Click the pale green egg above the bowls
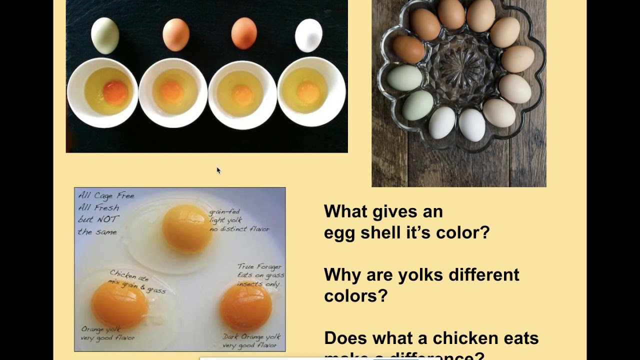[105, 35]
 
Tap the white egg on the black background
[308, 35]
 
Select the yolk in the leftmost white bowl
[115, 92]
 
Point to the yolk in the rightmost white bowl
[308, 92]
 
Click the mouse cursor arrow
[218, 170]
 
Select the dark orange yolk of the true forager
[245, 307]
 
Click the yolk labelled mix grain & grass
[119, 304]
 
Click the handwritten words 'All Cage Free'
[106, 195]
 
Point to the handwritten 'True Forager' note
[259, 266]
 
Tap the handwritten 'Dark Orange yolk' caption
[251, 337]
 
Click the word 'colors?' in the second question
[355, 295]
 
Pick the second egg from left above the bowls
[176, 35]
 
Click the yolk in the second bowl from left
[171, 92]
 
